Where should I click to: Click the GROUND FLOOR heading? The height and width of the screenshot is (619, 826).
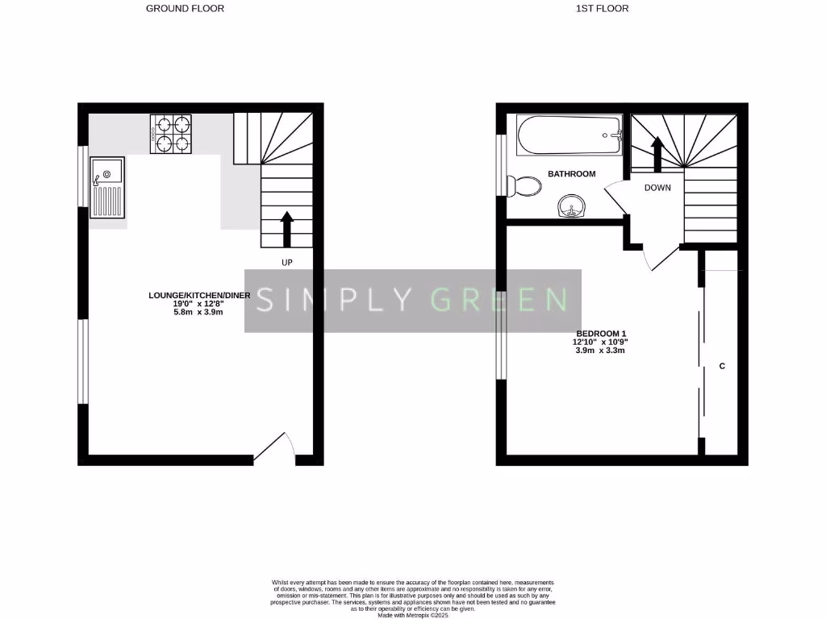(185, 9)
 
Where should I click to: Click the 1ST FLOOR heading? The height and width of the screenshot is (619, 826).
(602, 9)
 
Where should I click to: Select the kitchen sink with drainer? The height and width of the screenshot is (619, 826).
(107, 187)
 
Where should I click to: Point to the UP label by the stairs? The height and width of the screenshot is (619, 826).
(286, 263)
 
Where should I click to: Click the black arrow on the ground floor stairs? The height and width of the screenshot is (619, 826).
(286, 229)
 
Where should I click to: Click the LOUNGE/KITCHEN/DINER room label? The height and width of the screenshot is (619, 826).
(199, 296)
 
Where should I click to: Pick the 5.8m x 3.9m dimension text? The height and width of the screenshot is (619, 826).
(198, 312)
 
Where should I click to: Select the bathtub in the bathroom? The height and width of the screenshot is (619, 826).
(569, 134)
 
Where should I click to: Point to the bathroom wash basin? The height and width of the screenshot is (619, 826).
(573, 208)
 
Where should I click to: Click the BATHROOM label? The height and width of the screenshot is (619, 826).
(571, 174)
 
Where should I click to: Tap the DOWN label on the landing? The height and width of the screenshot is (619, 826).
(657, 188)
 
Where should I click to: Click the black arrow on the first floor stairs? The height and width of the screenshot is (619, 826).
(657, 153)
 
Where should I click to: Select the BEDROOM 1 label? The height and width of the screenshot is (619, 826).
(601, 334)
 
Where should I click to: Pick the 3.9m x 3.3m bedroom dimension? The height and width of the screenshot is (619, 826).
(600, 351)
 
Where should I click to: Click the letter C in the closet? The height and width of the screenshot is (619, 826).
(722, 366)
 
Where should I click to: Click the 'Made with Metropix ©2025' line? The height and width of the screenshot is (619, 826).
(412, 615)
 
